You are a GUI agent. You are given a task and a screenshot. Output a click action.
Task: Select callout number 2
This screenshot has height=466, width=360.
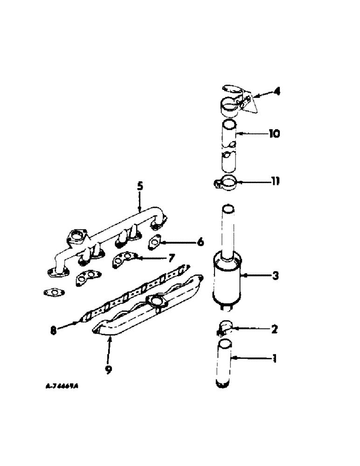pyautogui.click(x=274, y=329)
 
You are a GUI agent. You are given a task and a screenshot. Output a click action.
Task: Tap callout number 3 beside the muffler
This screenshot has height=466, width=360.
pyautogui.click(x=275, y=276)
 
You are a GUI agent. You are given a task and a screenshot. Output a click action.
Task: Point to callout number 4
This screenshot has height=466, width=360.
pyautogui.click(x=277, y=92)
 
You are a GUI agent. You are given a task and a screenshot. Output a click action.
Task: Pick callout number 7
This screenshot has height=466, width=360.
pyautogui.click(x=171, y=257)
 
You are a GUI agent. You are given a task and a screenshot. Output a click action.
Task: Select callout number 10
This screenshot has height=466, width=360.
pyautogui.click(x=274, y=134)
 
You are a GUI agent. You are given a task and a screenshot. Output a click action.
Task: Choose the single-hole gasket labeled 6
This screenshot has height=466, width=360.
pyautogui.click(x=154, y=241)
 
